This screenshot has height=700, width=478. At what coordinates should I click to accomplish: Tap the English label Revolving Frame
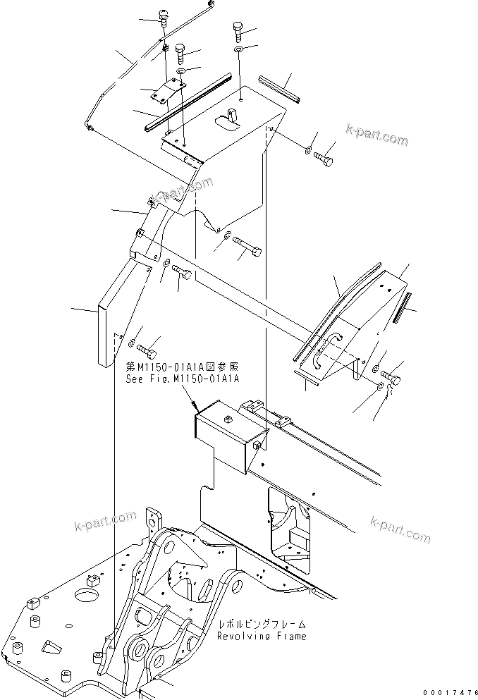pos(262,636)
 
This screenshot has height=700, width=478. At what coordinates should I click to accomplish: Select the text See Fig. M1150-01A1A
pos(183,379)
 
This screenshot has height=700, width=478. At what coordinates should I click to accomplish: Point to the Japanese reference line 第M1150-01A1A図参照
pos(183,367)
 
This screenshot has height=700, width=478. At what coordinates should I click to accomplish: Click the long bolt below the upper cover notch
pos(247,249)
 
